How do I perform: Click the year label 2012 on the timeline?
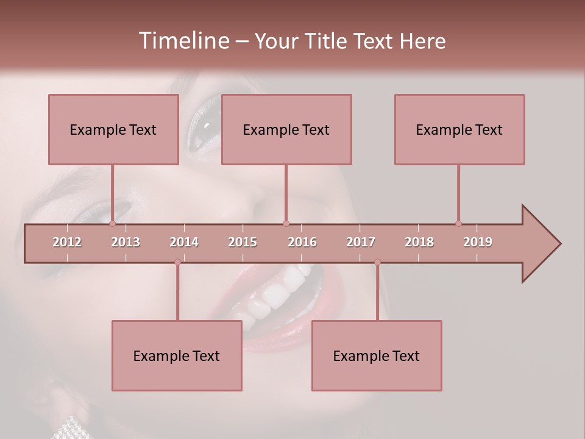67,242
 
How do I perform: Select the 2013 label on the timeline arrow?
126,242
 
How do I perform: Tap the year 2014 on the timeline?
184,242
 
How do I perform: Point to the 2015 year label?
243,242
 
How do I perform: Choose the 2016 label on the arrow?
302,242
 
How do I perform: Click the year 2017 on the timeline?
361,242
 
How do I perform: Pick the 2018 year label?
419,242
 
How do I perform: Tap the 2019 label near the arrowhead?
478,242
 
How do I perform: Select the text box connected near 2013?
113,129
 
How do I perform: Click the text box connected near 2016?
286,129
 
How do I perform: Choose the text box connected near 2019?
459,129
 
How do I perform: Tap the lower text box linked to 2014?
177,355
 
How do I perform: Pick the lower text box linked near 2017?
377,355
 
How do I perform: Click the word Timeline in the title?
182,41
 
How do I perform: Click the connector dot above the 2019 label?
458,223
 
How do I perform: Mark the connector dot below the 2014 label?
177,262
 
